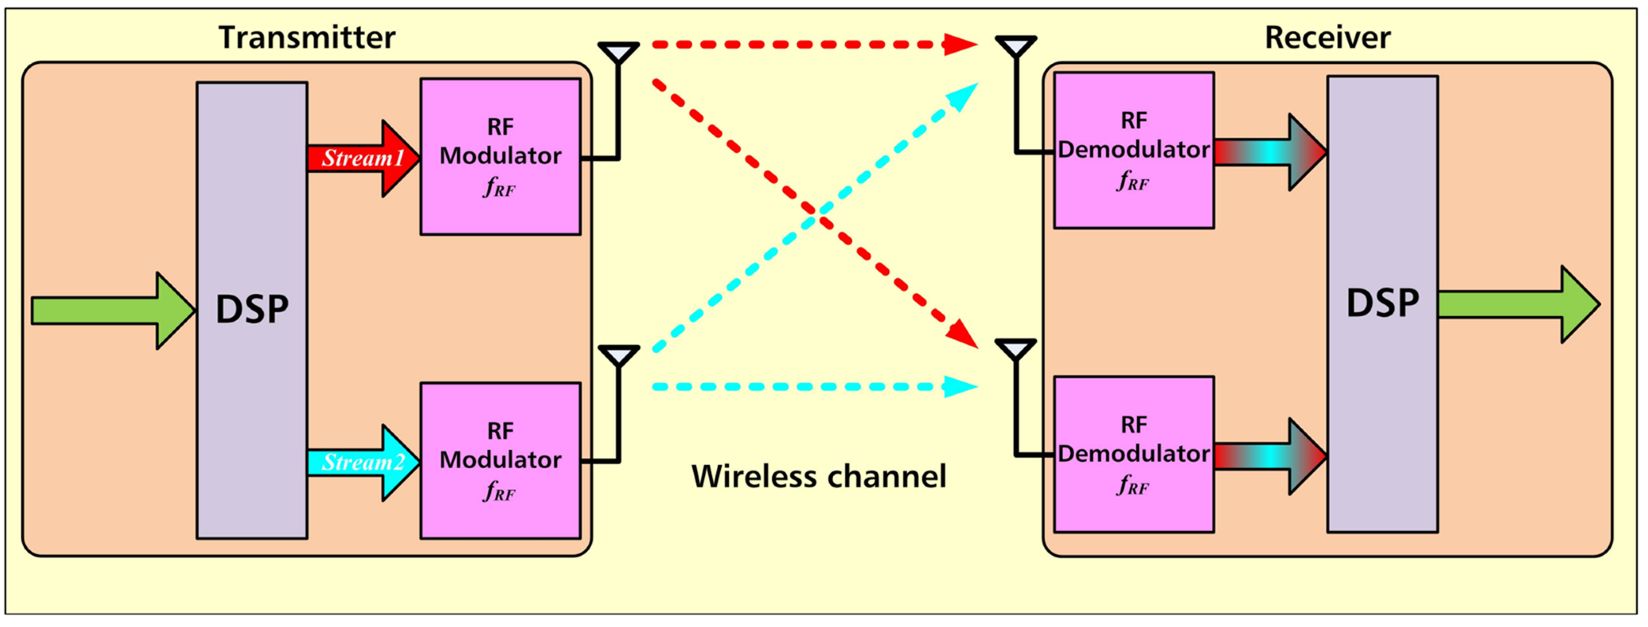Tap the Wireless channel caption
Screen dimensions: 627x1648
(818, 477)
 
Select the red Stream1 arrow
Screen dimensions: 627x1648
(362, 158)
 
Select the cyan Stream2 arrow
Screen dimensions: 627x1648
(362, 462)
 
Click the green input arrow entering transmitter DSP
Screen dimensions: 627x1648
(112, 311)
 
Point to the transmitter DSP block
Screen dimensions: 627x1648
(251, 310)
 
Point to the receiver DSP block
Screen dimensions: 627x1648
(1382, 304)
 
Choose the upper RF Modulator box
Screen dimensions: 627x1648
(500, 157)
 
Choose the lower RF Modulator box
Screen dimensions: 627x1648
(500, 461)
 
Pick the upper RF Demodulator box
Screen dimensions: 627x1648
(1134, 150)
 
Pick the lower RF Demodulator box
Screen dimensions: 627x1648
(1134, 454)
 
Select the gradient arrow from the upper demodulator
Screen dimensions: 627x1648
(1270, 152)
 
